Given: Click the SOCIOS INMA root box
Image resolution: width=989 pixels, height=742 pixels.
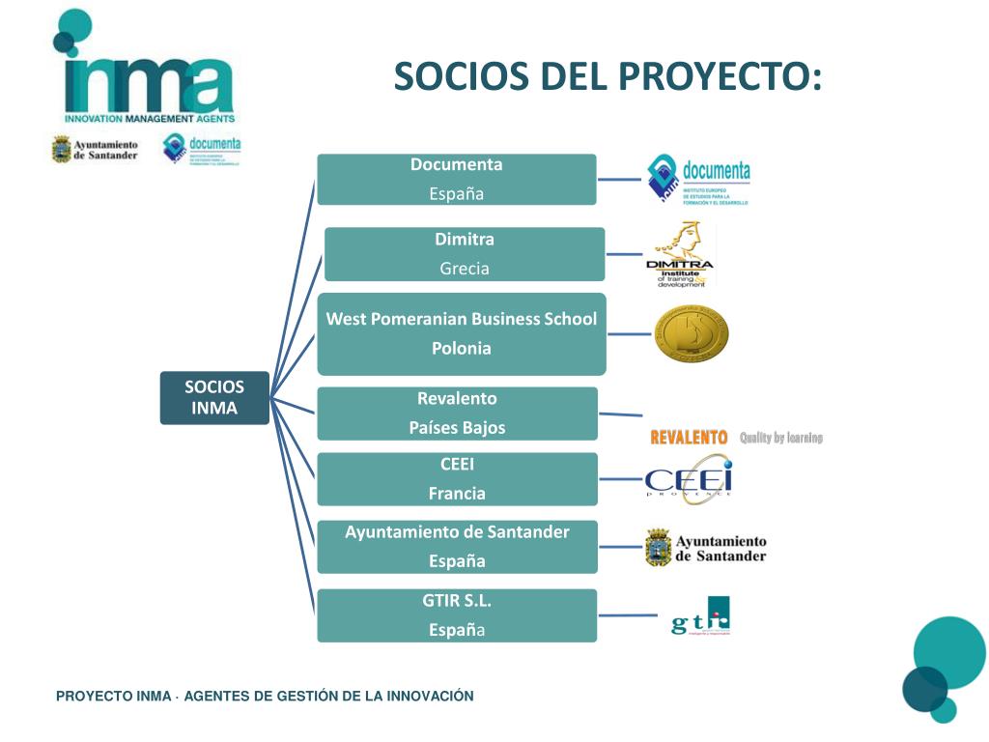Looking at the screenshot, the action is click(x=214, y=397).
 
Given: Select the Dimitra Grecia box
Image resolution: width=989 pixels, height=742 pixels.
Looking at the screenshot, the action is click(x=465, y=254).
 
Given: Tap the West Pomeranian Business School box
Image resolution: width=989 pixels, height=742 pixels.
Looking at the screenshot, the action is click(x=462, y=333).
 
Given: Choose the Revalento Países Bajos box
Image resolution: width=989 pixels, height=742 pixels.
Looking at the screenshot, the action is click(x=457, y=414).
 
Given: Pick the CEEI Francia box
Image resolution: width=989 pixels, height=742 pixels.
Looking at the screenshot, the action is click(x=457, y=479).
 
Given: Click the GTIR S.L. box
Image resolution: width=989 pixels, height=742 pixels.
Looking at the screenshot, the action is click(x=457, y=615).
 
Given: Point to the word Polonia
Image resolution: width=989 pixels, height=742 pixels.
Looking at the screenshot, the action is click(x=462, y=349).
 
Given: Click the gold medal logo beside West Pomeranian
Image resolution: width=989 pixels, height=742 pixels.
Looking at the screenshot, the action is click(x=691, y=334).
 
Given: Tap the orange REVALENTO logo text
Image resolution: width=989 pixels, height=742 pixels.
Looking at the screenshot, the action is click(x=689, y=438).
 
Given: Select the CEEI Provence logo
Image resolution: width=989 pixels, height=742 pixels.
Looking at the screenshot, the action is click(x=689, y=480).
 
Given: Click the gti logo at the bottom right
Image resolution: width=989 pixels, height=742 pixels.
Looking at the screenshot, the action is click(x=701, y=616).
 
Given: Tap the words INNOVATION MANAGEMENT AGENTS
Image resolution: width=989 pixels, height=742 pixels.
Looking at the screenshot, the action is click(x=150, y=118).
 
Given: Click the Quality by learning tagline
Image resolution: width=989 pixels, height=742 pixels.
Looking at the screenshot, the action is click(x=781, y=438).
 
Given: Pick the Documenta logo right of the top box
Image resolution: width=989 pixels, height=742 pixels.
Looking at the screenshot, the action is click(x=698, y=180).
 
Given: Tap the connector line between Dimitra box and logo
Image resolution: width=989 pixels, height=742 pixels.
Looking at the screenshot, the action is click(x=624, y=254).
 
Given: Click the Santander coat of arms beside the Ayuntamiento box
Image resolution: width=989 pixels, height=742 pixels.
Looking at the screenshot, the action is click(x=658, y=548).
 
